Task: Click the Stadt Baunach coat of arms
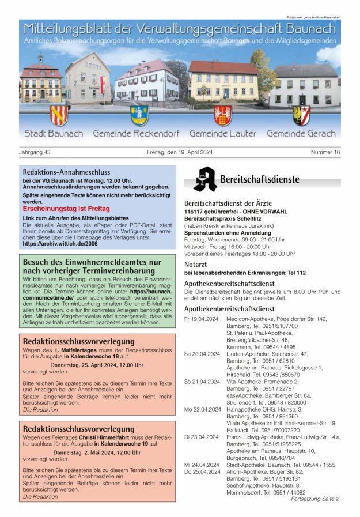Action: coord(59,115)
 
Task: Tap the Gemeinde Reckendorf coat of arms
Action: coord(139,115)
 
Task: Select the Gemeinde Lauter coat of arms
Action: coord(222,115)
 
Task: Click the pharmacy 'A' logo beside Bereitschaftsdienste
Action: coord(204,179)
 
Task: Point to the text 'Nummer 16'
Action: coord(325,152)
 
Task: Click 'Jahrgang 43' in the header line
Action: coord(35,152)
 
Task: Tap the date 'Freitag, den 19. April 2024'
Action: coord(180,152)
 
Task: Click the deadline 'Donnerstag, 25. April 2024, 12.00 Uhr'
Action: coord(97,365)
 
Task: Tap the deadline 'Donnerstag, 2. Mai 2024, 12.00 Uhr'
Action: coord(97,452)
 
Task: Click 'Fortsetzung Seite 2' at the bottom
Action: coord(315,499)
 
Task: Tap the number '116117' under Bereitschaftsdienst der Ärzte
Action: coord(195,212)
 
